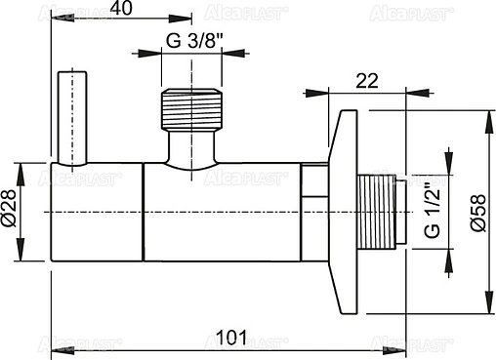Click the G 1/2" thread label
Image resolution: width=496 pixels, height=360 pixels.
coord(431,213)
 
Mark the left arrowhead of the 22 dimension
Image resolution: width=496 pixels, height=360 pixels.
coord(313,95)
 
